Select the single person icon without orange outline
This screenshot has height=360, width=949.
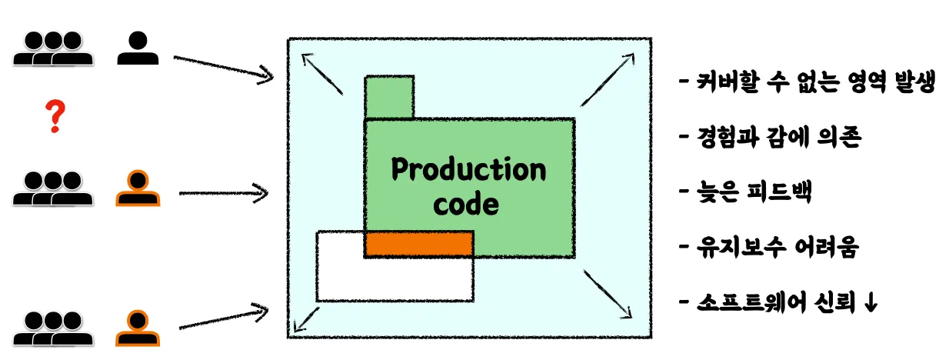tap(138, 48)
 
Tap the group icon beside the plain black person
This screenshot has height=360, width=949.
tap(53, 48)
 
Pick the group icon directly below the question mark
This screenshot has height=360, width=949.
tap(53, 188)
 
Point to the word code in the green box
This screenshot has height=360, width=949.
tap(466, 205)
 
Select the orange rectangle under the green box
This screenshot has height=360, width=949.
tap(418, 243)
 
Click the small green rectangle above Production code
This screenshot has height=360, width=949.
tap(389, 97)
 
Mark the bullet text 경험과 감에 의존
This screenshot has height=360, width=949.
tap(778, 138)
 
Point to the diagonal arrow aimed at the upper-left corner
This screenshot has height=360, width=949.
tap(322, 73)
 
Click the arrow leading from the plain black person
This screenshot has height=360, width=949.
tap(224, 67)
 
